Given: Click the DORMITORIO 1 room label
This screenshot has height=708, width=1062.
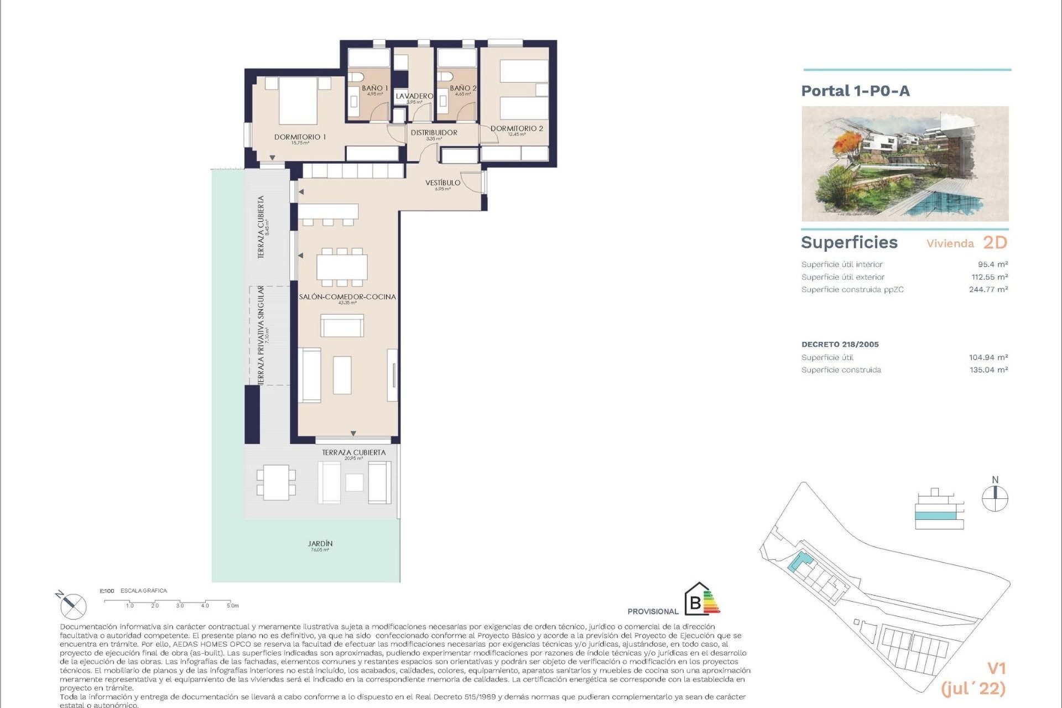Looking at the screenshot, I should [x=300, y=137].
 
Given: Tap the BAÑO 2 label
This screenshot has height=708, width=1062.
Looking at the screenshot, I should [x=463, y=88].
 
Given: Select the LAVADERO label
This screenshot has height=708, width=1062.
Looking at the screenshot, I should [x=414, y=96].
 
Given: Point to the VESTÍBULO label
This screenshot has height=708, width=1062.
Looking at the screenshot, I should [x=442, y=183].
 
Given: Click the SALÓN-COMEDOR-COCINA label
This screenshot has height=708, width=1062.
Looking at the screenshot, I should [x=347, y=297].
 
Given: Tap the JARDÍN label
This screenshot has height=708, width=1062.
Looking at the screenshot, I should [x=320, y=544].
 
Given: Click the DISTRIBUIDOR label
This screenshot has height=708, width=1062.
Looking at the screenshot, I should [x=434, y=133].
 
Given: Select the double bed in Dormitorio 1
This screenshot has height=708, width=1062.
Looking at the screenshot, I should [x=298, y=101].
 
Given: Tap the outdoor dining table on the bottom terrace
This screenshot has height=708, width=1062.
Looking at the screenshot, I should [x=276, y=482].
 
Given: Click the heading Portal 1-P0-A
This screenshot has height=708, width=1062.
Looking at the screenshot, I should [x=855, y=91].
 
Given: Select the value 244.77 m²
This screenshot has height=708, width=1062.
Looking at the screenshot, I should [x=988, y=289].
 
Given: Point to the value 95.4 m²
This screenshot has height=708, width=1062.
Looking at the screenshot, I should [x=992, y=264].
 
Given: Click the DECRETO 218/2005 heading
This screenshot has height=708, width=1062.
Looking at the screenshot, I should [x=840, y=344].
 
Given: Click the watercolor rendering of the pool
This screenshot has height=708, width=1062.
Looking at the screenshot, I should [x=905, y=164].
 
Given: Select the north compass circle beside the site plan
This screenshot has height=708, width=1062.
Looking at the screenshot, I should [x=995, y=498].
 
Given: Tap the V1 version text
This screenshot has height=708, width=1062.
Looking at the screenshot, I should [x=996, y=668].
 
